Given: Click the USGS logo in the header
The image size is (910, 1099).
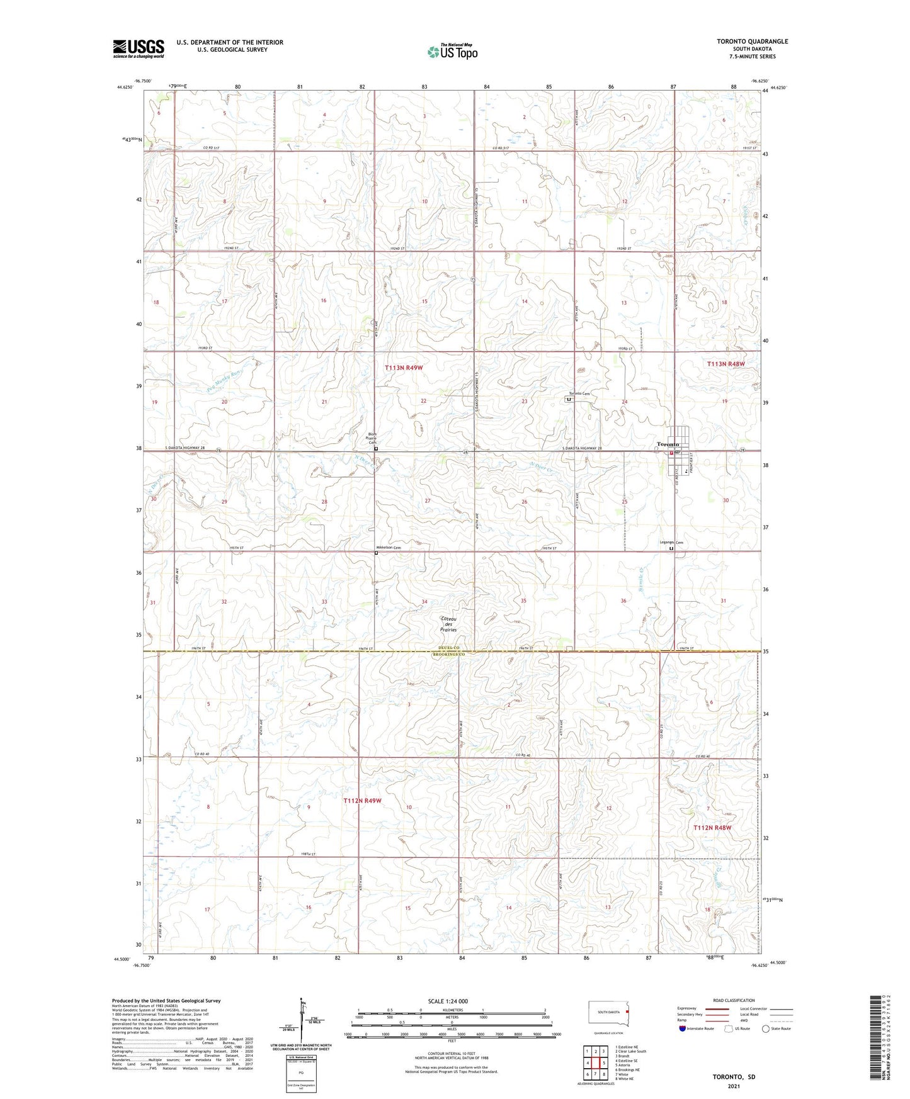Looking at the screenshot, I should pyautogui.click(x=139, y=48).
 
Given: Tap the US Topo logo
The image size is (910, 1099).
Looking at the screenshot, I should pyautogui.click(x=452, y=52).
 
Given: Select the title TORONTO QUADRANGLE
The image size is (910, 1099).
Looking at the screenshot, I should pyautogui.click(x=752, y=42).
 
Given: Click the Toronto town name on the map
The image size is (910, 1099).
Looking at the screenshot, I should pyautogui.click(x=667, y=444).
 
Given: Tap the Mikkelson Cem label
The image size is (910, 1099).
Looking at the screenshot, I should pyautogui.click(x=389, y=548).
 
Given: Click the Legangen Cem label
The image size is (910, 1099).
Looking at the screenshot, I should pyautogui.click(x=671, y=542).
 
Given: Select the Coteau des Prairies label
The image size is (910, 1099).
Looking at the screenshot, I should pyautogui.click(x=448, y=624).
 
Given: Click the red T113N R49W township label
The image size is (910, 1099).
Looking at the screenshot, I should pyautogui.click(x=403, y=367).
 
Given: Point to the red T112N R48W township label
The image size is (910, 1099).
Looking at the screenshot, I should pyautogui.click(x=712, y=828).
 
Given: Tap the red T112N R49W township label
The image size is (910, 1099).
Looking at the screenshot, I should pyautogui.click(x=362, y=801).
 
